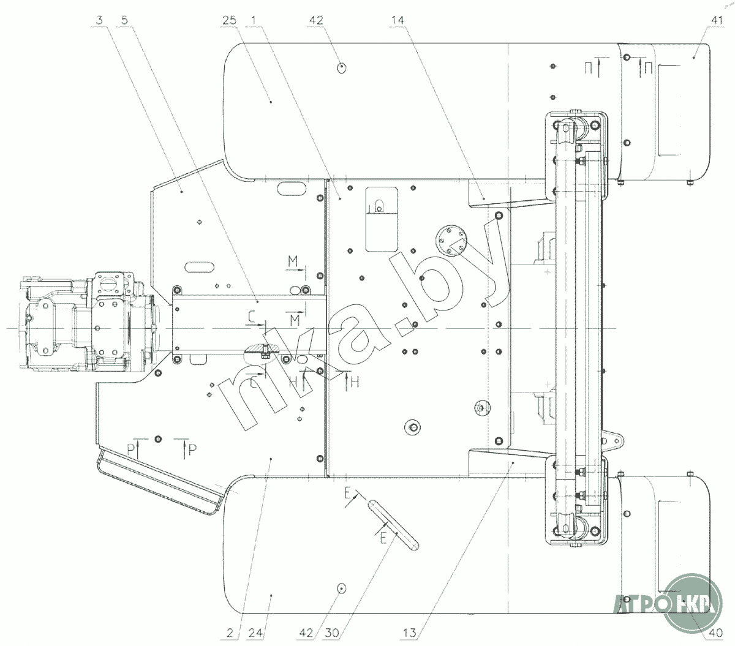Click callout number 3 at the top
[99, 20]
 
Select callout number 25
[229, 20]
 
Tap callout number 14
[398, 20]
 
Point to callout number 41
[717, 20]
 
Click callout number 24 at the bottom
[255, 633]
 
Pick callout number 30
[331, 633]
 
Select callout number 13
[410, 633]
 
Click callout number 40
[716, 633]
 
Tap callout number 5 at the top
[124, 20]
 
